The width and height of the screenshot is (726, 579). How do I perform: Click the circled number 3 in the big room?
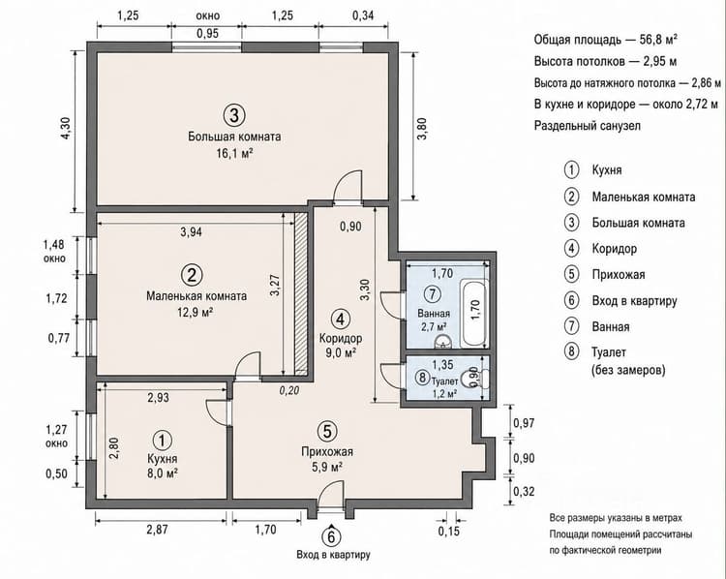tap(234, 115)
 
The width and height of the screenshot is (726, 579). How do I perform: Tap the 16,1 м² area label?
tap(234, 153)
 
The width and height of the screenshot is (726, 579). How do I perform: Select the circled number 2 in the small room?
tap(193, 275)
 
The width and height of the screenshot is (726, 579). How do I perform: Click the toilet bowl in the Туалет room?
tap(480, 379)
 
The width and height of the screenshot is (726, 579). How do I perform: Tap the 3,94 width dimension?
tap(192, 231)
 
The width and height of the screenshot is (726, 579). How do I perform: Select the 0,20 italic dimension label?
tap(289, 390)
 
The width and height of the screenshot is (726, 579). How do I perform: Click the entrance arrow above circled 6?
tap(331, 526)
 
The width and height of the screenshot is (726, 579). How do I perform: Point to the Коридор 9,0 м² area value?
tap(341, 353)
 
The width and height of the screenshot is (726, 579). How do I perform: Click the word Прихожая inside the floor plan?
tap(327, 451)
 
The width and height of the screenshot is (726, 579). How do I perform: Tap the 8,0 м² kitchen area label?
tap(162, 473)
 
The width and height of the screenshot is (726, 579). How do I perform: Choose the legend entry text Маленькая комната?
tap(644, 197)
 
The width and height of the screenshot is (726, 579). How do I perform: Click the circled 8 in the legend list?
tap(571, 351)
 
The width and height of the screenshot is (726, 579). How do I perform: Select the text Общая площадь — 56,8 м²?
tap(606, 40)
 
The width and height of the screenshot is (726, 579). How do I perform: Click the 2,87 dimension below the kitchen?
tap(157, 529)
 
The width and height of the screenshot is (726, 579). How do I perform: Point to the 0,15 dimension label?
tap(449, 531)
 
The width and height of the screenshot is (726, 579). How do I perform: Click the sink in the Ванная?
tap(444, 342)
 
